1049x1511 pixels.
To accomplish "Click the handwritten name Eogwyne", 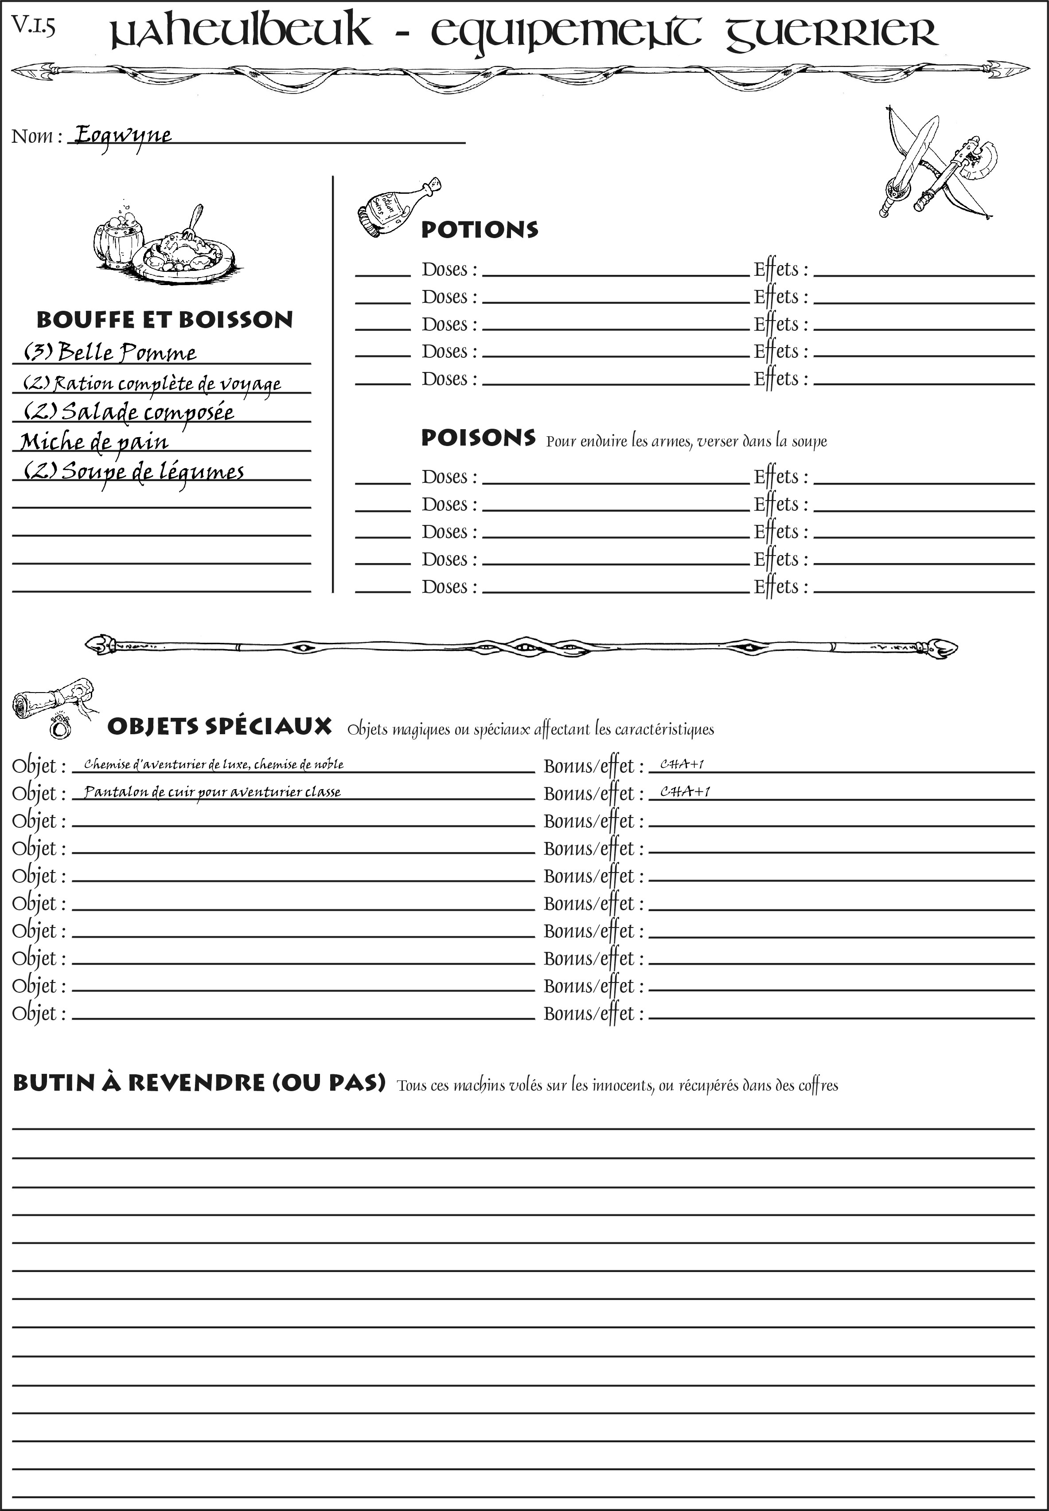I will (x=122, y=136).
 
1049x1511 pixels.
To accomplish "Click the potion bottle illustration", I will (x=398, y=207).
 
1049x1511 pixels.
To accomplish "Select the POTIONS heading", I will (x=479, y=230).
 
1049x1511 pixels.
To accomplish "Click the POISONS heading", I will (x=478, y=438).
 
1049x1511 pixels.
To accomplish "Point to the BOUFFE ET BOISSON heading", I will (x=164, y=320).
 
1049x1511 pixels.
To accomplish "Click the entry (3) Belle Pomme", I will (x=110, y=352).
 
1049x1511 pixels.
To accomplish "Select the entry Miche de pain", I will (x=94, y=442).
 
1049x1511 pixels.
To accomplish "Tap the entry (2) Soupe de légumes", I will (x=134, y=471).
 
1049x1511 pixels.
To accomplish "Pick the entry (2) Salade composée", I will (x=129, y=412).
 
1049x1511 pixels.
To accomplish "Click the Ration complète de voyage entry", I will (x=152, y=384).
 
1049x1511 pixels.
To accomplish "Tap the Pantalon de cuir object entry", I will (x=212, y=792).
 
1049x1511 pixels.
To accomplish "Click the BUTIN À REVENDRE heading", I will (x=199, y=1083).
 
